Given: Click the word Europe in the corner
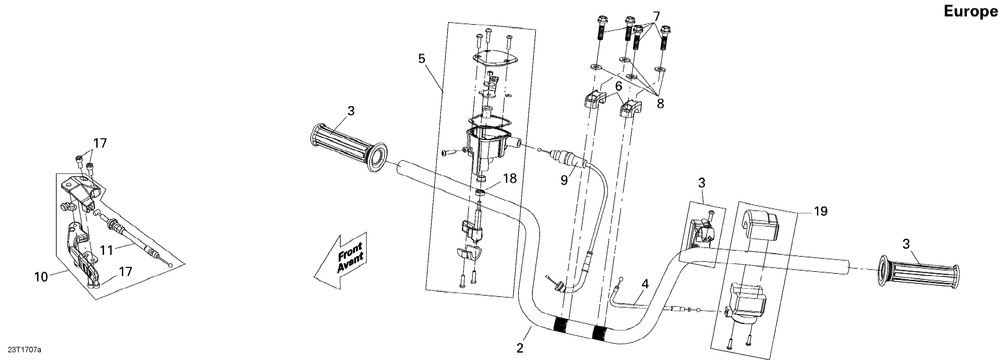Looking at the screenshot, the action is (x=970, y=11).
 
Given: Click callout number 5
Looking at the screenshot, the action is (x=422, y=58).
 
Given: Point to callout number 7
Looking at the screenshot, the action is (x=656, y=15).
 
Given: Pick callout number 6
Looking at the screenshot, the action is (x=618, y=86).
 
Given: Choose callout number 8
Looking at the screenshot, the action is (x=659, y=102).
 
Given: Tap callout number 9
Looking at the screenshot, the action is (x=563, y=181).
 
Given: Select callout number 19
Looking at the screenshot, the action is (x=820, y=211).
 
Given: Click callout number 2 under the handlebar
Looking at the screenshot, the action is (x=520, y=348).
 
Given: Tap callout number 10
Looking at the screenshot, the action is (x=41, y=276).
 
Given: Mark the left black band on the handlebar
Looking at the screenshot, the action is (x=560, y=326).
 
